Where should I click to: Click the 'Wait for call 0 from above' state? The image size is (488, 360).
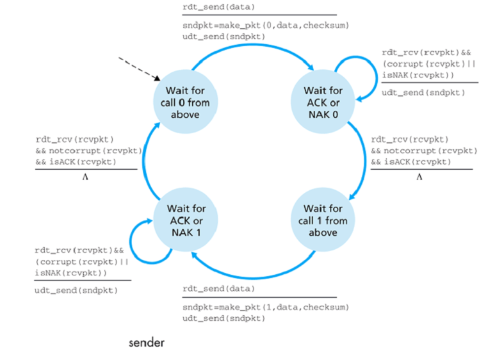click(185, 102)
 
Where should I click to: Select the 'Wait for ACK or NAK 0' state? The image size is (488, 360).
click(323, 102)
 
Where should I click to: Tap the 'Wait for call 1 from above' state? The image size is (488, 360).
click(323, 220)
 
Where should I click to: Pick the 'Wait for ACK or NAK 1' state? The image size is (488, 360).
click(185, 220)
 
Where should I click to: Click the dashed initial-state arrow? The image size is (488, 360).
click(138, 68)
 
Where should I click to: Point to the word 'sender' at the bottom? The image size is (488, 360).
click(147, 343)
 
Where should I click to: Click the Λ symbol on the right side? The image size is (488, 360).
click(419, 177)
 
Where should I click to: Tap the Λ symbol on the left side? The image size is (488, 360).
click(85, 177)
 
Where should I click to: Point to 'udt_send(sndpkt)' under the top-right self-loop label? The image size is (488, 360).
click(423, 92)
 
